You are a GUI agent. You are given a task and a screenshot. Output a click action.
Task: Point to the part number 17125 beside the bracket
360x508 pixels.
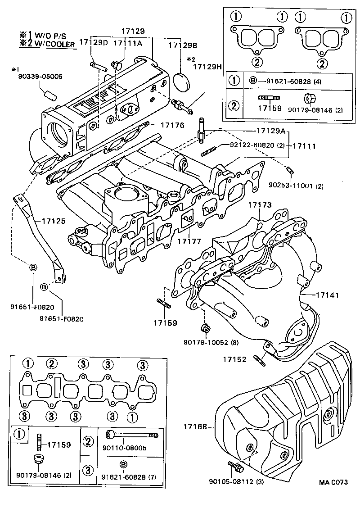tap(54, 221)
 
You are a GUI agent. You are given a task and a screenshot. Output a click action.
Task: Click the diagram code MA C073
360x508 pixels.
tap(333, 482)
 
